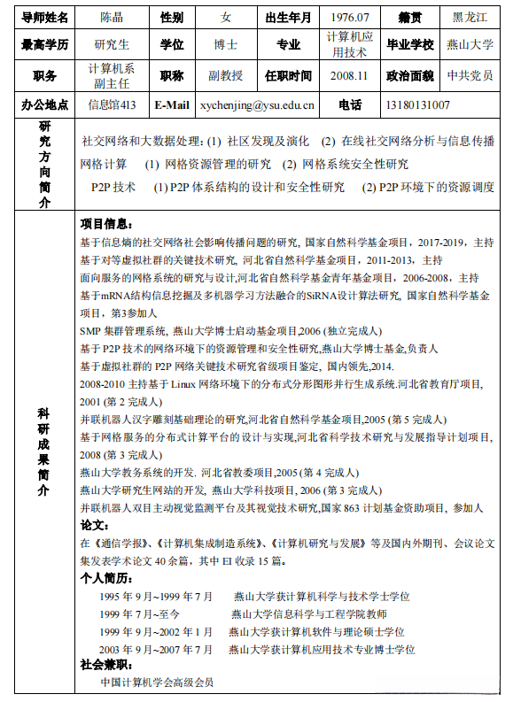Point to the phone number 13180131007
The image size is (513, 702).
pyautogui.click(x=417, y=105)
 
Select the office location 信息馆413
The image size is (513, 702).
pyautogui.click(x=111, y=105)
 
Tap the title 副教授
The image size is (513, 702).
pyautogui.click(x=225, y=75)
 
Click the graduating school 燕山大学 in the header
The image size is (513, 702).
pyautogui.click(x=470, y=45)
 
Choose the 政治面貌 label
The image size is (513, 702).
pyautogui.click(x=408, y=75)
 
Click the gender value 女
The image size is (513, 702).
pyautogui.click(x=225, y=17)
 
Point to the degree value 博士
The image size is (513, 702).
pyautogui.click(x=225, y=45)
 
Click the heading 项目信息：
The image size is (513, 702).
pyautogui.click(x=108, y=224)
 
